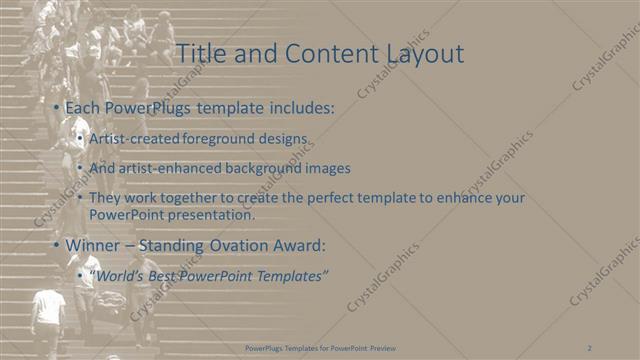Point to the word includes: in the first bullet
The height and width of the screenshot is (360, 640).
pos(297,106)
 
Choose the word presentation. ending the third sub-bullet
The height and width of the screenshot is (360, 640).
pos(212,214)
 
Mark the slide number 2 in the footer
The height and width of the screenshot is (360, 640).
pos(591,348)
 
